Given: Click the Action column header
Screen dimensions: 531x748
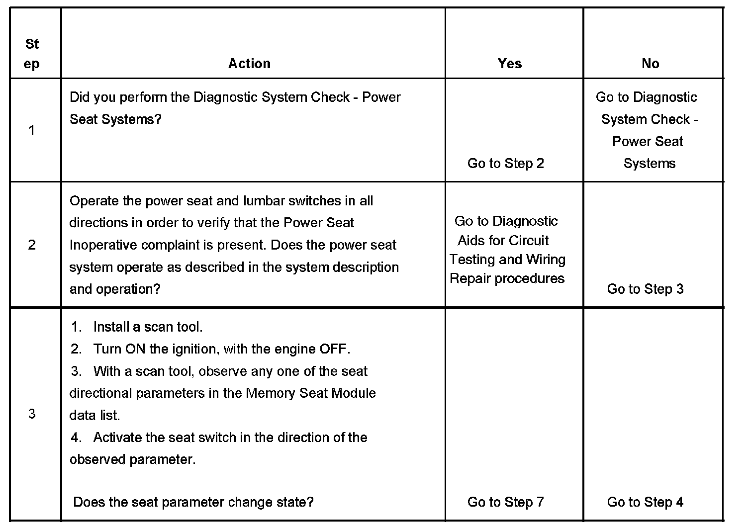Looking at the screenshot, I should pyautogui.click(x=249, y=64).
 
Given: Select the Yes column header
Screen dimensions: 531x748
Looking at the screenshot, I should pyautogui.click(x=510, y=64).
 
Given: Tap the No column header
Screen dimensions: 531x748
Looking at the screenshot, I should pyautogui.click(x=650, y=64).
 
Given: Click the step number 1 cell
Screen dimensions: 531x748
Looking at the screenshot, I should pyautogui.click(x=32, y=130).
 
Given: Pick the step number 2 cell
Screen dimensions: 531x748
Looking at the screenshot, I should pyautogui.click(x=32, y=245).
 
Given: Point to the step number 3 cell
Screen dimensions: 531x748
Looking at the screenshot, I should pyautogui.click(x=32, y=414).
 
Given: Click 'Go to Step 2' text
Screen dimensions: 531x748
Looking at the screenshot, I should pyautogui.click(x=506, y=164).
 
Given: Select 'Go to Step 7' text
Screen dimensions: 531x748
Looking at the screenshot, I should pyautogui.click(x=506, y=502).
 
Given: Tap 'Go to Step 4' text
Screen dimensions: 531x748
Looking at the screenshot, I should pyautogui.click(x=645, y=502).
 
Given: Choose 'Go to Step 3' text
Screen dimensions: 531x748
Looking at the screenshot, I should pyautogui.click(x=645, y=289).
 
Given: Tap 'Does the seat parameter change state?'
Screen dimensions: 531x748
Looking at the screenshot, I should pyautogui.click(x=193, y=502).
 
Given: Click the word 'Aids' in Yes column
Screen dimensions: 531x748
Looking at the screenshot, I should pyautogui.click(x=471, y=241).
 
